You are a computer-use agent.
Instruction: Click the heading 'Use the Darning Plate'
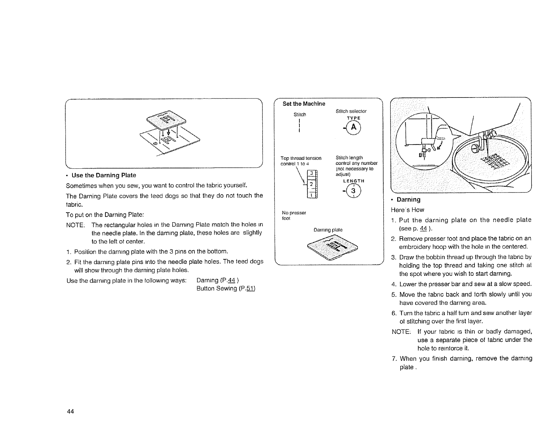pos(104,175)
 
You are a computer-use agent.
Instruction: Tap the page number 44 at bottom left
pos(70,411)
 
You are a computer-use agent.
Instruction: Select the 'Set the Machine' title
pos(304,104)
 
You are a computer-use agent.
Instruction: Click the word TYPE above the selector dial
pos(353,118)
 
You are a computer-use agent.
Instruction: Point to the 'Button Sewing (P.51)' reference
pos(226,289)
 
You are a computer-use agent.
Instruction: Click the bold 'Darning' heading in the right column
pos(408,200)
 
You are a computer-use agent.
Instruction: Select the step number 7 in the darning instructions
pos(394,358)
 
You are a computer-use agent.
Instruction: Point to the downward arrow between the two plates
pos(168,133)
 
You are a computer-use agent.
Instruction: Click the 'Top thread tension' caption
pos(301,158)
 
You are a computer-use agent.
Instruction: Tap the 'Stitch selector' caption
pos(351,111)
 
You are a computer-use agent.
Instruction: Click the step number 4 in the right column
pos(394,284)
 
